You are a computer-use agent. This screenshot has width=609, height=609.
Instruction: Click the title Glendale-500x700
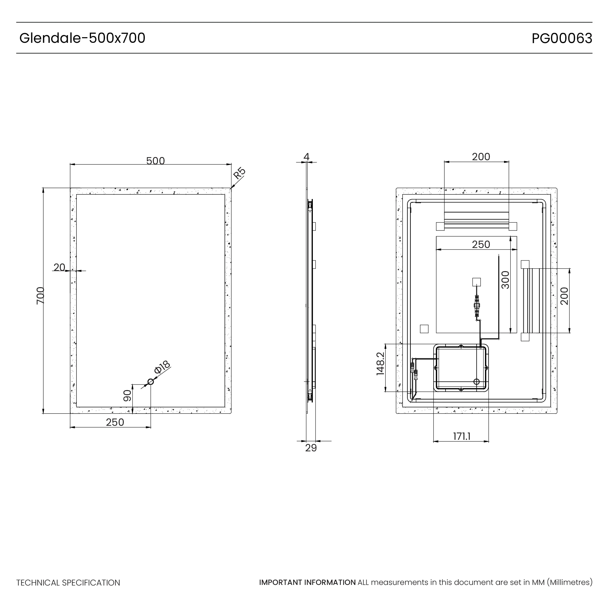[x=82, y=38]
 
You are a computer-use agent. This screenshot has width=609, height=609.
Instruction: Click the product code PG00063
[x=562, y=38]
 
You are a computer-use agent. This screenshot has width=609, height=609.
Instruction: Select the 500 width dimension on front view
[x=156, y=161]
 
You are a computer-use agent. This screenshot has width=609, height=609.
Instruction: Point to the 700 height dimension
[x=40, y=296]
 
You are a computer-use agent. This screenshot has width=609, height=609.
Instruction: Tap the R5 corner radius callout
[x=239, y=173]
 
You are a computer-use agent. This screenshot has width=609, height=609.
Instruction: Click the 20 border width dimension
[x=59, y=267]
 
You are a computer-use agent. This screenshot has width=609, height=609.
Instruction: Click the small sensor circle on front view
[x=151, y=382]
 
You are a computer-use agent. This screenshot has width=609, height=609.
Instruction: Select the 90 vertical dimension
[x=127, y=395]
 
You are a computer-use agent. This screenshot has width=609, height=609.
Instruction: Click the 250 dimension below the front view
[x=115, y=422]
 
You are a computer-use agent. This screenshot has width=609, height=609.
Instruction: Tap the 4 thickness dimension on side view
[x=306, y=157]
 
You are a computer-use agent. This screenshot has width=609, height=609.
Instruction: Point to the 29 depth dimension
[x=311, y=448]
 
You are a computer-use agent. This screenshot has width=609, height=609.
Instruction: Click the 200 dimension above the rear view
[x=481, y=157]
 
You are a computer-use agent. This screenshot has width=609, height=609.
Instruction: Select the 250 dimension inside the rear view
[x=481, y=245]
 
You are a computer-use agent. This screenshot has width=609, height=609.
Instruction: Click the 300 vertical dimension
[x=505, y=280]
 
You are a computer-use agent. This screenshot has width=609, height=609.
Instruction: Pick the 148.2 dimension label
[x=380, y=364]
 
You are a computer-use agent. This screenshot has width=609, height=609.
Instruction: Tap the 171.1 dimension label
[x=462, y=437]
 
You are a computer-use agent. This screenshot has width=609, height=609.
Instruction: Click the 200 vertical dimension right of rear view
[x=564, y=296]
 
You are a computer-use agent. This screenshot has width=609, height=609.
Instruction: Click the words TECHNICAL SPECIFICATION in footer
[x=68, y=583]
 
